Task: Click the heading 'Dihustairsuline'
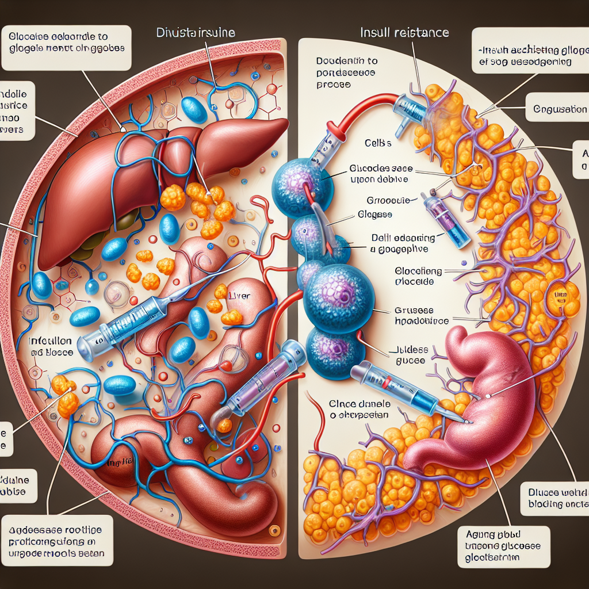196,33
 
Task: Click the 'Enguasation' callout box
556,109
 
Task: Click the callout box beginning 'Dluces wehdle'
556,498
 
